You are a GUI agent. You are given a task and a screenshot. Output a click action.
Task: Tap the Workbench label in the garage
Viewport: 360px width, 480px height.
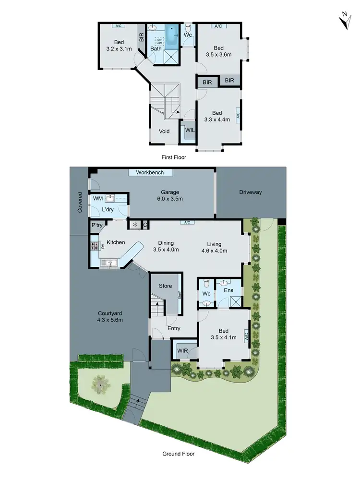click(150, 172)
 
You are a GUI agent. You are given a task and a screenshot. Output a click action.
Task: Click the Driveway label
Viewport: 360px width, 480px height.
click(251, 192)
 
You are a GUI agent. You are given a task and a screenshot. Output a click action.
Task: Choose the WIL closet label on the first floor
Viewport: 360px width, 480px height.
click(189, 130)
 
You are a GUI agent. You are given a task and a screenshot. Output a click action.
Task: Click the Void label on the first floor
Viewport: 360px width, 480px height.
click(164, 131)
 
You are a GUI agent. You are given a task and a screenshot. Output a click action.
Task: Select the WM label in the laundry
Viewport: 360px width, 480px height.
click(98, 198)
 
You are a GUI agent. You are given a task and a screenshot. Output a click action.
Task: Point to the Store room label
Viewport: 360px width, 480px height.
click(165, 286)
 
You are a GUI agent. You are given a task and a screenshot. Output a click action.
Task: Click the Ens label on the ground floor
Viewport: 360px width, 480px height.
click(228, 290)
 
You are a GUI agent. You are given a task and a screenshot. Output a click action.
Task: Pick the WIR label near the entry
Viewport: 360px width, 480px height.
click(182, 350)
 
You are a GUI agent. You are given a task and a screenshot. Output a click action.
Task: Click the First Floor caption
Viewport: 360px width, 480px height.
click(173, 157)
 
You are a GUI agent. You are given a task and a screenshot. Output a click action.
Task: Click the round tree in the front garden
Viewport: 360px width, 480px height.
click(100, 384)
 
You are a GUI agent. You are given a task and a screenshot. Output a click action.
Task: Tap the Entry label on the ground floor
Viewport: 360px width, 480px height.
click(174, 328)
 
